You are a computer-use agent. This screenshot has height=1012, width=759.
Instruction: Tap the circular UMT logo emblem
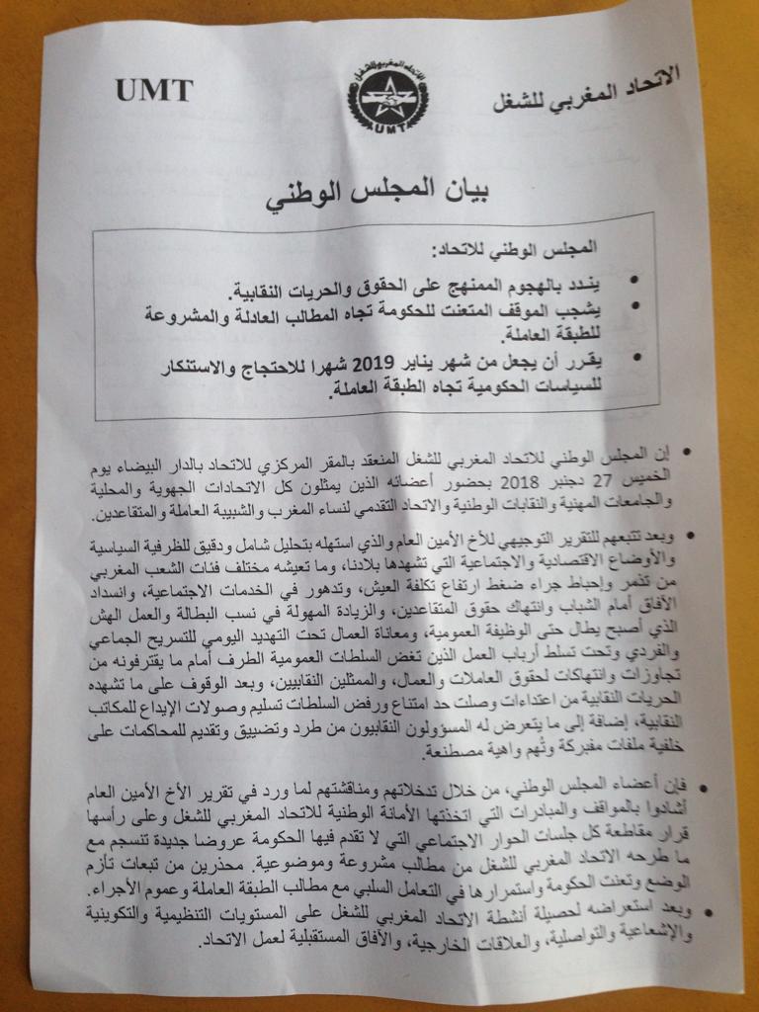pyautogui.click(x=378, y=99)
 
